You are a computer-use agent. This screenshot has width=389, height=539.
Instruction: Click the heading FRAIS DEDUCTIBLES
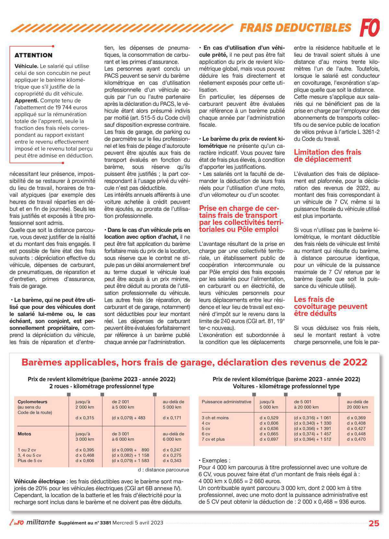tap(295, 28)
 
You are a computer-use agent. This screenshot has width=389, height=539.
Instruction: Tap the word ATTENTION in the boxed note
tap(33, 55)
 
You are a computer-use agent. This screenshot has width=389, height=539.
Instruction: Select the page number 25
tap(374, 523)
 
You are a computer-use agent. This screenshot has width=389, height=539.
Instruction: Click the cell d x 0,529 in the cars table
tap(269, 418)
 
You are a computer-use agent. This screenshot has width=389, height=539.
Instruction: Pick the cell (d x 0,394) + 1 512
tap(312, 439)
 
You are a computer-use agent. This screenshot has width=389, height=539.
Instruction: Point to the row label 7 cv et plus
tap(213, 439)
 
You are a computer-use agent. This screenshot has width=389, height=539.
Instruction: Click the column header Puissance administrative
tap(226, 402)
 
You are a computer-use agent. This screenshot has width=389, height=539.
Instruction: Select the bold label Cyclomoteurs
tap(32, 402)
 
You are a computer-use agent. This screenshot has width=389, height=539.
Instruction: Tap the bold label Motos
tap(24, 434)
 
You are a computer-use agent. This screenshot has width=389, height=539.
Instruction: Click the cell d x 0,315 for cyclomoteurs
tap(85, 418)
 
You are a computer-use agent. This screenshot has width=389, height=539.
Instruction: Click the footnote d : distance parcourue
tap(163, 470)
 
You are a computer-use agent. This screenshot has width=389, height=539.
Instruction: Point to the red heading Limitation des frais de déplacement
tap(327, 155)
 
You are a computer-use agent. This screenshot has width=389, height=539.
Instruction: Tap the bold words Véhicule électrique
tap(40, 482)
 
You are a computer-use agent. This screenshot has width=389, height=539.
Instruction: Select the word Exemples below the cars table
tap(216, 460)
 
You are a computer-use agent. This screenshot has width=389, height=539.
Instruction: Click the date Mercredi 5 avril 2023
tap(138, 523)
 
